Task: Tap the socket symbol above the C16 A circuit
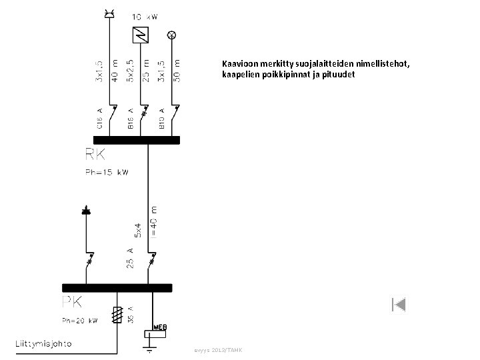[x=110, y=13]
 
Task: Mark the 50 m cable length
[x=176, y=69]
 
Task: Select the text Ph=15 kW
[x=106, y=172]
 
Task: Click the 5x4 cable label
[x=138, y=229]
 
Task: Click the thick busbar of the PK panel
[x=117, y=288]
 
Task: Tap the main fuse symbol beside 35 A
[x=117, y=315]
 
